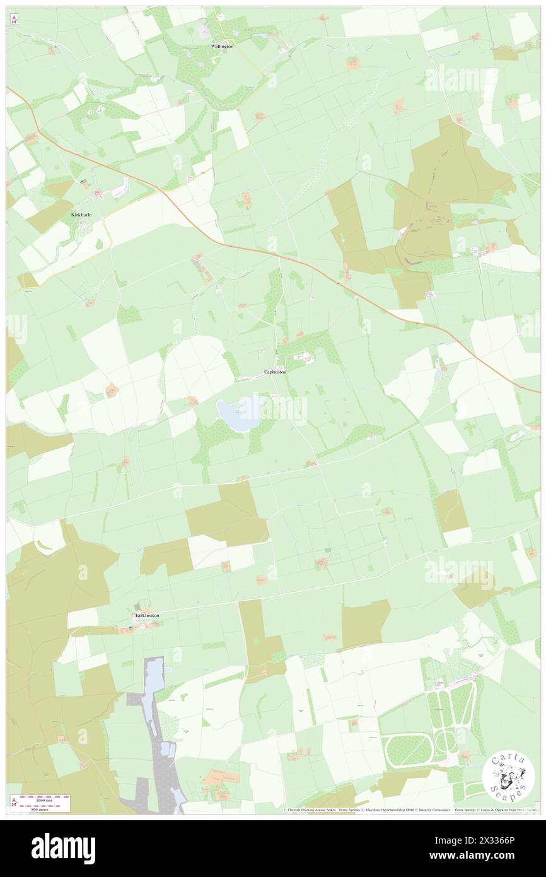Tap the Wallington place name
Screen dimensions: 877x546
pos(222,47)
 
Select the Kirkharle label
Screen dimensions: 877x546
pos(81,215)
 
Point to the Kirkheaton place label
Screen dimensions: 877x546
pos(147,615)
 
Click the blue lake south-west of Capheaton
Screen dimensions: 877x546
pos(239,414)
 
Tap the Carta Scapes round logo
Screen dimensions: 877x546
pos(508,777)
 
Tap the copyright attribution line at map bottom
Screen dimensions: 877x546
pos(410,809)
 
